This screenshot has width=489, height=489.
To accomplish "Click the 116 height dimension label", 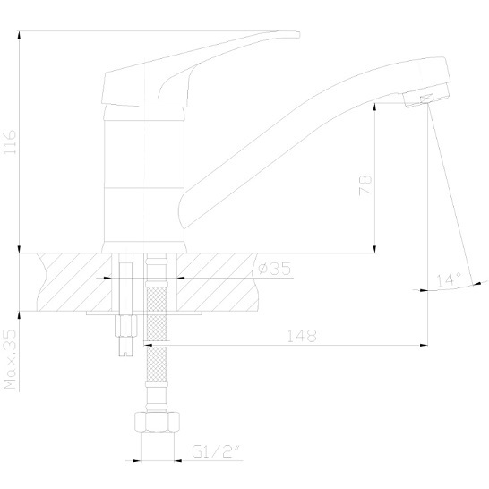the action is tap(10, 142).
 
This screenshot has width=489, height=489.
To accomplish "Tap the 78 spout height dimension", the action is tap(365, 185).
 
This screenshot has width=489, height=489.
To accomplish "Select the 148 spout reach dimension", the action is tap(302, 336).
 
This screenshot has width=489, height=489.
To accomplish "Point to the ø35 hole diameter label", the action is tap(275, 269).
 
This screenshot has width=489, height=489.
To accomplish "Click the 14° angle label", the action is tap(449, 280).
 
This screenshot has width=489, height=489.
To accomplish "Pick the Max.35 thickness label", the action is tap(10, 359).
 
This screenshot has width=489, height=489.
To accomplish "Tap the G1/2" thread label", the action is tap(217, 451).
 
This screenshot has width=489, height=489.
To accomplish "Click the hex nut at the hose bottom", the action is tap(157, 422).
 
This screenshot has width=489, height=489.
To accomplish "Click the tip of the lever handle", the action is tap(299, 34).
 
